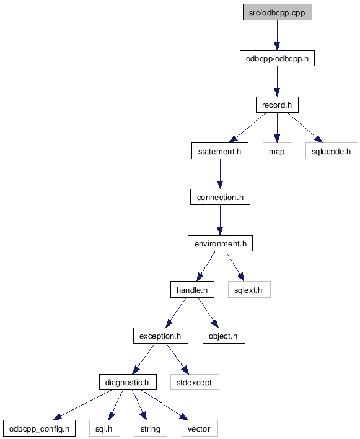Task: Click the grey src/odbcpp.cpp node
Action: pos(278,12)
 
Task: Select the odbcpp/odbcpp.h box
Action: pos(277,58)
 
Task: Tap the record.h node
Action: pos(277,105)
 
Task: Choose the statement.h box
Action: pos(220,151)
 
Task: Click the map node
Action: pos(278,151)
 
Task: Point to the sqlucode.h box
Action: pos(331,151)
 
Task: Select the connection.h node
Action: pos(220,197)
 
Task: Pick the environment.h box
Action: pos(220,243)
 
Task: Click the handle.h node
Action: pos(192,290)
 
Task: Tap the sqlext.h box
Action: pos(249,290)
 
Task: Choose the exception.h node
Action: pos(160,336)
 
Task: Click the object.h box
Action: pos(224,336)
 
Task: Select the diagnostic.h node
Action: pos(128,382)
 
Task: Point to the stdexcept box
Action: pos(195,382)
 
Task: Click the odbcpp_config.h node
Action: pos(39,428)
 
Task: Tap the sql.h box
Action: pos(105,428)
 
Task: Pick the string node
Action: pos(151,428)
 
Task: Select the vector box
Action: pos(200,428)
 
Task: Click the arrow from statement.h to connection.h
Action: pos(220,174)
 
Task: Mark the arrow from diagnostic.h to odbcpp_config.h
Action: pos(82,405)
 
